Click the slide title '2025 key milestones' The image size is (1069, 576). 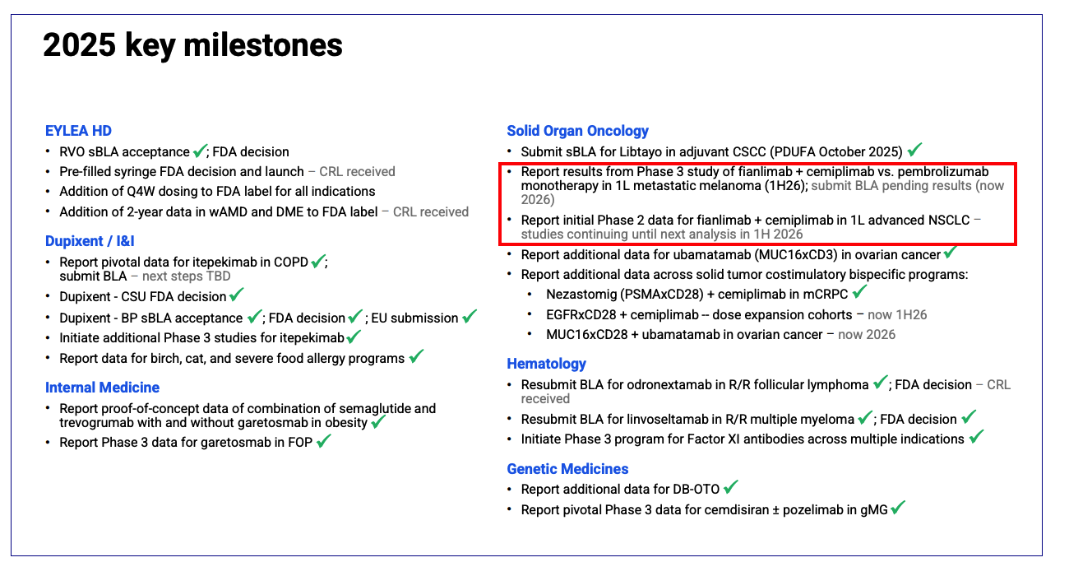click(192, 45)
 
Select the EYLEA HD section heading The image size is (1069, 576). click(78, 131)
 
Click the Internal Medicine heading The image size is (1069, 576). click(102, 388)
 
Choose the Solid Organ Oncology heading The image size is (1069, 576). click(577, 131)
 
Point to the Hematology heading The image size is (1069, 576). click(546, 364)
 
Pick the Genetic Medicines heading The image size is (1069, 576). click(567, 469)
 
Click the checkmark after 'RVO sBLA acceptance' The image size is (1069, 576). click(200, 151)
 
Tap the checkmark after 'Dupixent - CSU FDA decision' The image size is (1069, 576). click(237, 295)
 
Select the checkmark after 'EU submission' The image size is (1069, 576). click(470, 316)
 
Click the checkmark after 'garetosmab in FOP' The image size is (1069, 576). click(323, 441)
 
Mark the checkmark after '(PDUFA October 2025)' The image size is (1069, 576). click(914, 151)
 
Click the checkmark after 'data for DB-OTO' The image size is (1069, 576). click(730, 488)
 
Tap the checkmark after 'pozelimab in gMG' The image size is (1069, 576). click(897, 509)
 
